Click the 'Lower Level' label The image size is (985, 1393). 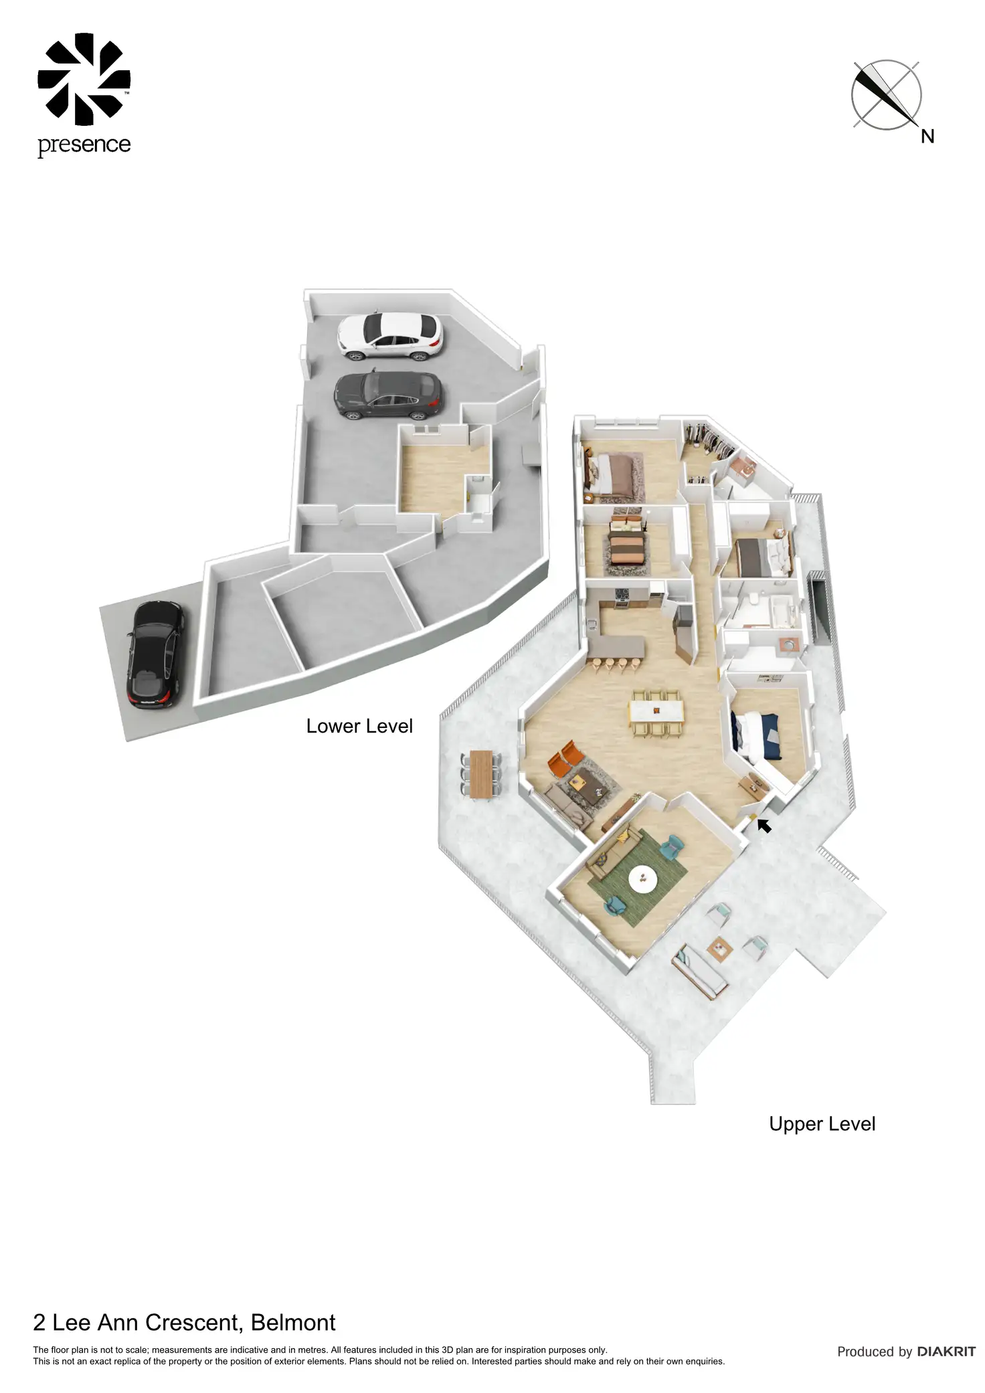(x=359, y=726)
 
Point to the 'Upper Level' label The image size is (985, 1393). (x=822, y=1123)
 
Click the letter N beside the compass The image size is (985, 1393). (x=927, y=136)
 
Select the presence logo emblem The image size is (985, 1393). (x=84, y=79)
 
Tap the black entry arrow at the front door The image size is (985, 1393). (x=764, y=826)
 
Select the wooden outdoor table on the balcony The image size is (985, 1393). (x=481, y=774)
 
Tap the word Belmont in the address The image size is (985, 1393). (x=293, y=1323)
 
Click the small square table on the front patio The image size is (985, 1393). (x=720, y=947)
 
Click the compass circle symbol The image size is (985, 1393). (x=886, y=94)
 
